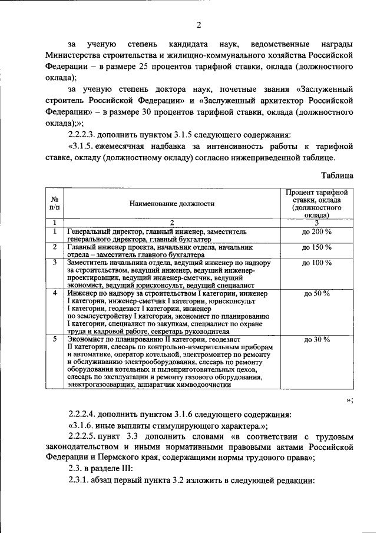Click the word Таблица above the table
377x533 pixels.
[337, 175]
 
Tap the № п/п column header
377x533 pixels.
[55, 204]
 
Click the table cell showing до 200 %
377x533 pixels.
[316, 232]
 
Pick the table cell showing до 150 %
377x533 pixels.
[316, 247]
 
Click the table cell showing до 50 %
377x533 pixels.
[316, 293]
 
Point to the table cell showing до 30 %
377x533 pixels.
[316, 340]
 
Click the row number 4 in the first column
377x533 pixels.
[55, 293]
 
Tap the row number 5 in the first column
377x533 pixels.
[55, 339]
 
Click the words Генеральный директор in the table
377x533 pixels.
[100, 232]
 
